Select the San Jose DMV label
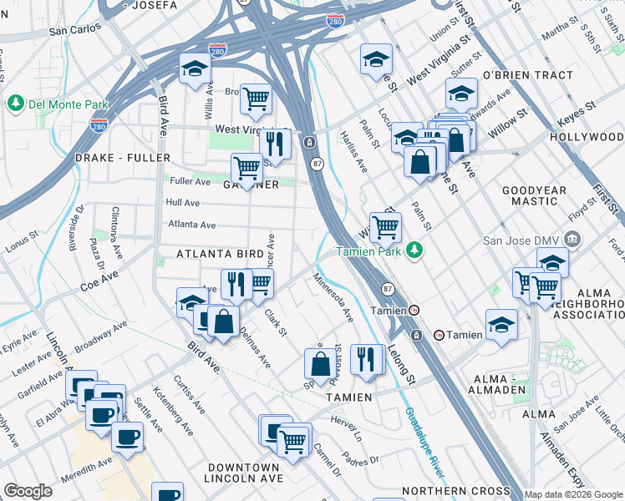click(x=528, y=242)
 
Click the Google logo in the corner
click(x=28, y=491)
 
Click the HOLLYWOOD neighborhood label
click(x=587, y=136)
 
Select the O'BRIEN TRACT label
click(x=528, y=75)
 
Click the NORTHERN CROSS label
click(x=455, y=491)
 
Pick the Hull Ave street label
click(x=183, y=203)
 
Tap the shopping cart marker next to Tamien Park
click(x=384, y=225)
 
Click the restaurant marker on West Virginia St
click(x=275, y=143)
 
